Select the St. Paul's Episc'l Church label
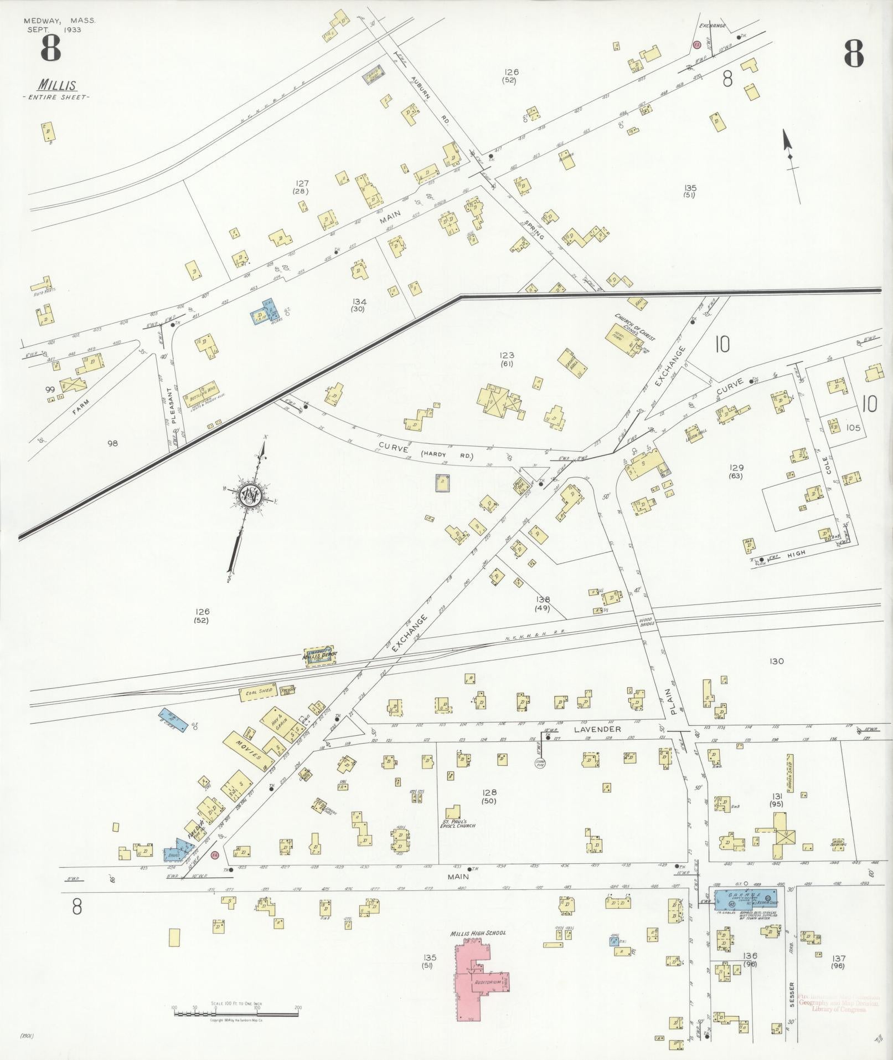[x=459, y=823]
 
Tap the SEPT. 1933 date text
[x=54, y=29]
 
